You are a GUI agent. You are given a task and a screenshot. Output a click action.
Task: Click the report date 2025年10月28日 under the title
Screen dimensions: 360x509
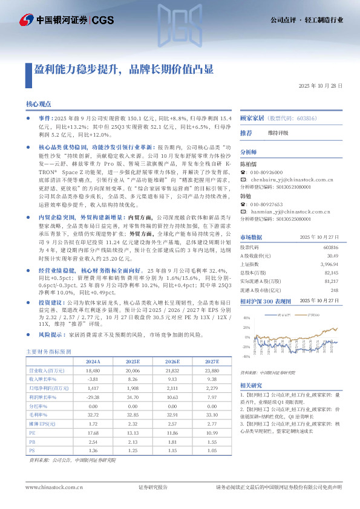pos(321,86)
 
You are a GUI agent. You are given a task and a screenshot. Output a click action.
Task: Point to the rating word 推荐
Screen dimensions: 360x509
pos(246,133)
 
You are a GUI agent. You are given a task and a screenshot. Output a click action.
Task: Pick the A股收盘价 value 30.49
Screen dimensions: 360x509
pos(332,256)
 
